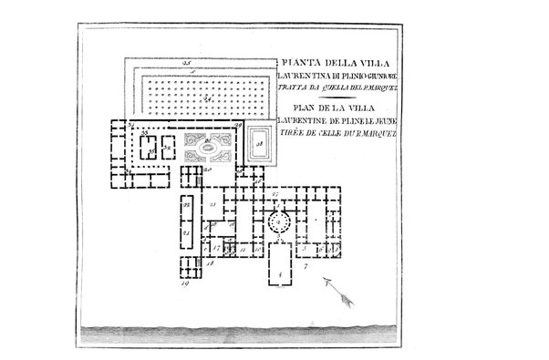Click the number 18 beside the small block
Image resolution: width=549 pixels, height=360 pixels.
211,262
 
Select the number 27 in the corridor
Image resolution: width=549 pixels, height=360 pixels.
273,194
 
